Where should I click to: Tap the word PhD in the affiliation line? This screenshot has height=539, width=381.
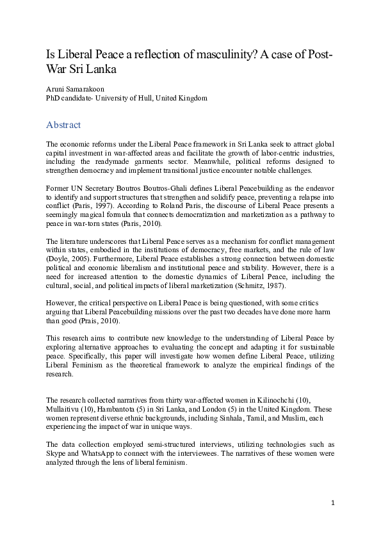(54, 99)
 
